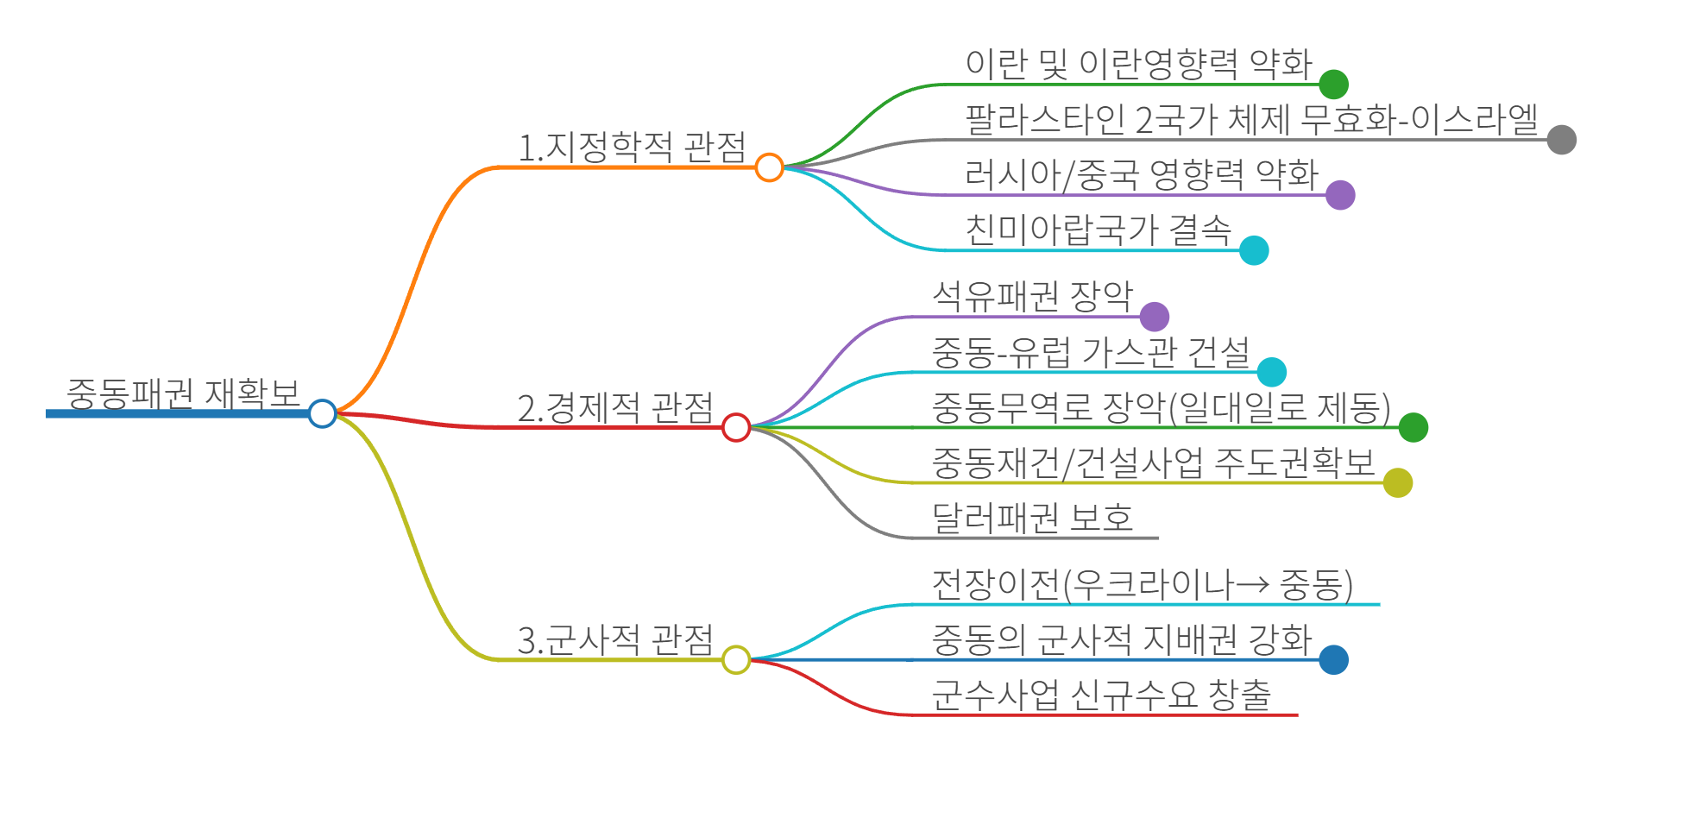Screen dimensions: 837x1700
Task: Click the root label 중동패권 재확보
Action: pyautogui.click(x=183, y=393)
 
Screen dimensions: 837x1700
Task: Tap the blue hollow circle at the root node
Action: pyautogui.click(x=322, y=413)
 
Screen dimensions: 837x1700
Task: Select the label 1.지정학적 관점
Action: pyautogui.click(x=632, y=147)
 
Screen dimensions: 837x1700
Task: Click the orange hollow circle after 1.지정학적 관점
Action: pyautogui.click(x=769, y=167)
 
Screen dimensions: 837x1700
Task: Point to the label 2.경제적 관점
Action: pyautogui.click(x=615, y=407)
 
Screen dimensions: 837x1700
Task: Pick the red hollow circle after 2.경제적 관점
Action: pyautogui.click(x=736, y=427)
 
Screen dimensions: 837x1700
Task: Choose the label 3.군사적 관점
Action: pyautogui.click(x=615, y=640)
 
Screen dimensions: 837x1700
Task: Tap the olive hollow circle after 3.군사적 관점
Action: pyautogui.click(x=736, y=660)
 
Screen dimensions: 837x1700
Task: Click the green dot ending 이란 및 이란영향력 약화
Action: pyautogui.click(x=1333, y=85)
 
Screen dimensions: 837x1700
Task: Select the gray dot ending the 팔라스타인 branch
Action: pyautogui.click(x=1561, y=140)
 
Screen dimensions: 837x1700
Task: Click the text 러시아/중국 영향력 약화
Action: pyautogui.click(x=1141, y=174)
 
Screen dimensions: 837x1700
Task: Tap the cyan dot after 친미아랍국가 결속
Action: pyautogui.click(x=1254, y=250)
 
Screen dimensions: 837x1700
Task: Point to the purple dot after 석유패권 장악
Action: pyautogui.click(x=1154, y=317)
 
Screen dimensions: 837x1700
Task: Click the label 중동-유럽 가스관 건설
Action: pyautogui.click(x=1091, y=352)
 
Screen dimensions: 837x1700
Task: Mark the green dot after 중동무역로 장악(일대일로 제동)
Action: pyautogui.click(x=1413, y=427)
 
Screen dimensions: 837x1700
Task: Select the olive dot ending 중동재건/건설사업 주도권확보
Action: pyautogui.click(x=1397, y=482)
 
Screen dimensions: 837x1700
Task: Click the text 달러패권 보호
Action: pyautogui.click(x=1032, y=518)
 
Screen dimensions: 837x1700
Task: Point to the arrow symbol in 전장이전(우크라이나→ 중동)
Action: pyautogui.click(x=1252, y=585)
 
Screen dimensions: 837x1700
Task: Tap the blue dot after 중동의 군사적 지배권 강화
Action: pyautogui.click(x=1333, y=660)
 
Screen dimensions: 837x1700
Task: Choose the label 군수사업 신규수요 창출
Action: pyautogui.click(x=1101, y=695)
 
